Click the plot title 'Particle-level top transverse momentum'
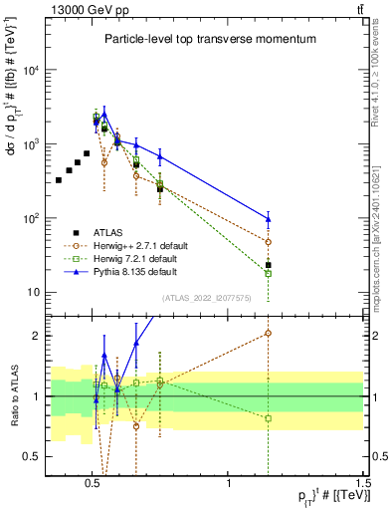coord(210,39)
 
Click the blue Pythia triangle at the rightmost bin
coord(269,219)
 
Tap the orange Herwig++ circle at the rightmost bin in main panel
coord(269,242)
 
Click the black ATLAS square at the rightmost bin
coord(269,265)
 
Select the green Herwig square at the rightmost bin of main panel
coord(269,273)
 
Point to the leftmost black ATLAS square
coord(59,180)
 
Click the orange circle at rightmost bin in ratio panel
coord(269,334)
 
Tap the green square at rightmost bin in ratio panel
coord(269,418)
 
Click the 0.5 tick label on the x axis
coord(93,479)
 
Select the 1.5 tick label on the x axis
coord(363,479)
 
